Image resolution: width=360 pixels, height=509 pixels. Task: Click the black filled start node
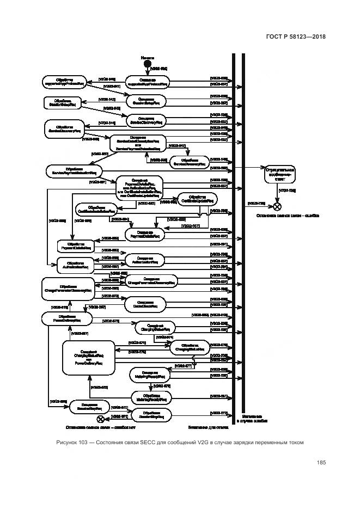coord(147,65)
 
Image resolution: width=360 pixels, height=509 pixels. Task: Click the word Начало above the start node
coord(147,57)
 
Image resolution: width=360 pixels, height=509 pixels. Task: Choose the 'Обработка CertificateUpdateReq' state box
coord(197,199)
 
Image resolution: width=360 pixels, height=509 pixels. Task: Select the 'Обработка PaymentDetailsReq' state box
coord(77,246)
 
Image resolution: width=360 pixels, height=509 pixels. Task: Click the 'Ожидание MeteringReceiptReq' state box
coord(149,375)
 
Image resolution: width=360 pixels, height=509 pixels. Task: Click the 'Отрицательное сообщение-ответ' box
coord(279,174)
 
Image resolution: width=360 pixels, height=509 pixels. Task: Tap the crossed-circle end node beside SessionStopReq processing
coord(100,418)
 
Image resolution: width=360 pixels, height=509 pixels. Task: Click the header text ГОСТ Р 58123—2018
coord(296,36)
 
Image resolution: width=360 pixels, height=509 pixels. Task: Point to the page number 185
coord(320,463)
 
